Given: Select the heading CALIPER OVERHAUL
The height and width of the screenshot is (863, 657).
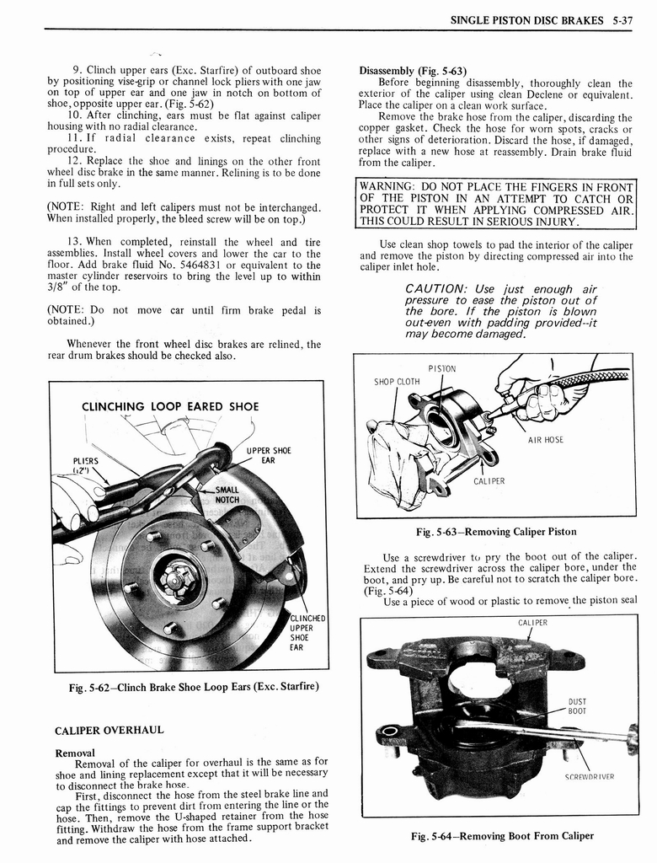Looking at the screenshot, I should pyautogui.click(x=109, y=730).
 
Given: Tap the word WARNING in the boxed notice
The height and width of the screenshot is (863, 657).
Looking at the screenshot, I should pyautogui.click(x=385, y=187).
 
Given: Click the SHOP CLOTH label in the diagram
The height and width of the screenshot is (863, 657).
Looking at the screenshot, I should pyautogui.click(x=397, y=382).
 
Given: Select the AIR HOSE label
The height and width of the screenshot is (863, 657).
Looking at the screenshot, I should pyautogui.click(x=546, y=440).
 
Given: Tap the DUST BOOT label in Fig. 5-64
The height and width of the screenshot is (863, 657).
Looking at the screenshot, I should pyautogui.click(x=578, y=706).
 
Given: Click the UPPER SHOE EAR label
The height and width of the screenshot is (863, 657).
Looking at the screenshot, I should pyautogui.click(x=267, y=455).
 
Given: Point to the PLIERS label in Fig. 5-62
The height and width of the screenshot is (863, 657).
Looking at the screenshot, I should pyautogui.click(x=85, y=466).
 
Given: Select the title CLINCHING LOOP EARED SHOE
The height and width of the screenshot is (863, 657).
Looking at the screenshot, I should pyautogui.click(x=170, y=407).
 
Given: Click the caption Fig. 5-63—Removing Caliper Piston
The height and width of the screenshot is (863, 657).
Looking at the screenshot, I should pyautogui.click(x=496, y=532).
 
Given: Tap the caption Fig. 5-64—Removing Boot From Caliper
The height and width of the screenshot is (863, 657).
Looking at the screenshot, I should pyautogui.click(x=502, y=836).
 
